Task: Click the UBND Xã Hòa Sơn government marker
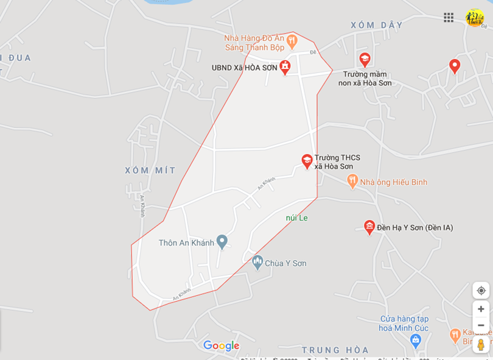285,67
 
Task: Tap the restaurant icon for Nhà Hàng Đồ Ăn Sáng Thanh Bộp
292,41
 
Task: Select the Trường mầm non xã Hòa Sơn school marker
365,59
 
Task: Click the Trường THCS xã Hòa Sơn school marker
307,161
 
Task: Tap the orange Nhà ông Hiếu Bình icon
352,181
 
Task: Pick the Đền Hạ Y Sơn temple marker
369,227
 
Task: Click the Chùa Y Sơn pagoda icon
257,263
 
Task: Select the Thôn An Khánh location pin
222,242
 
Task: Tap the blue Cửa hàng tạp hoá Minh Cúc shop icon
416,340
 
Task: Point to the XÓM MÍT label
150,170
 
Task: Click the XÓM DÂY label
377,25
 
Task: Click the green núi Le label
297,217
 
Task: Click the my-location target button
481,290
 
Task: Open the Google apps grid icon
449,17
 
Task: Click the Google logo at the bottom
221,345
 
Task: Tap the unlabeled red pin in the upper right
454,65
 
